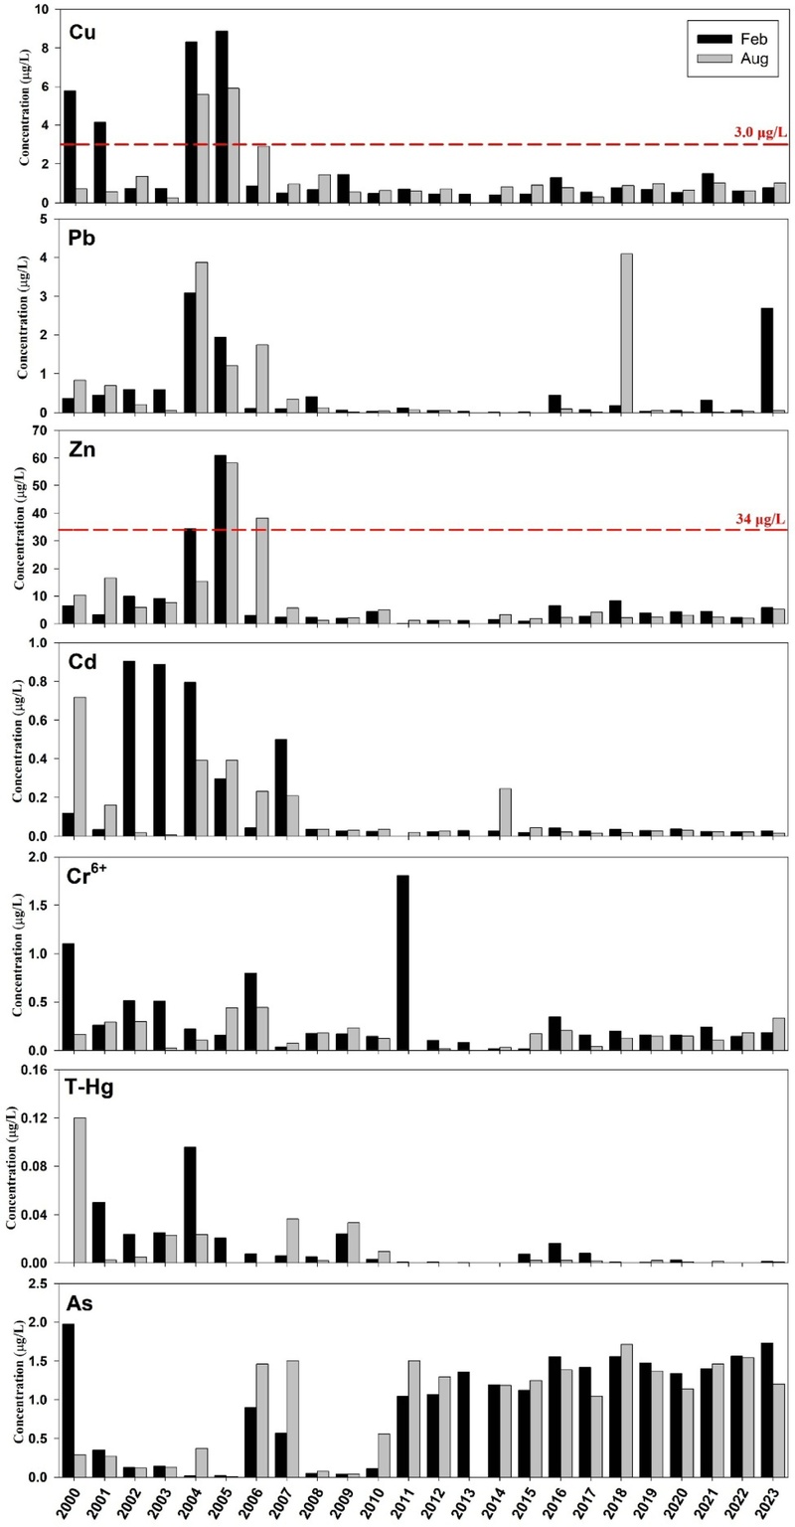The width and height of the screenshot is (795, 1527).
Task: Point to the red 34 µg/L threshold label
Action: pyautogui.click(x=758, y=517)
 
